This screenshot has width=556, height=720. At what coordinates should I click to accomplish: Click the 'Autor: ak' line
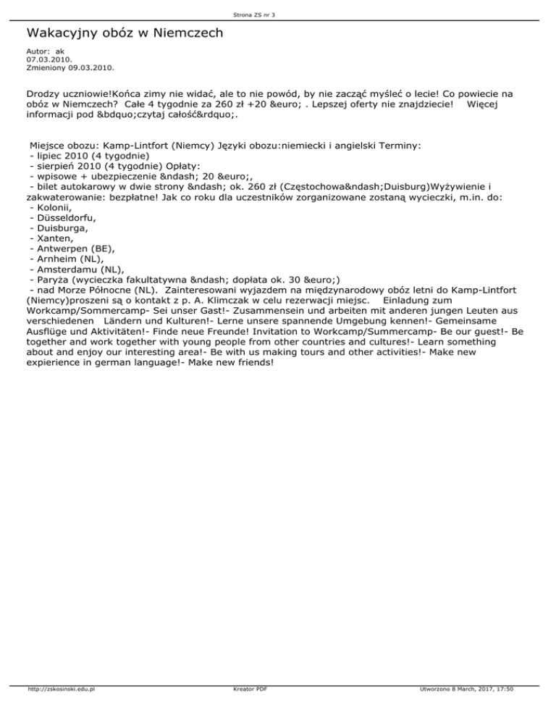(x=46, y=52)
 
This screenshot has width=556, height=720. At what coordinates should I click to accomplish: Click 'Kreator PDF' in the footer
(x=246, y=710)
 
